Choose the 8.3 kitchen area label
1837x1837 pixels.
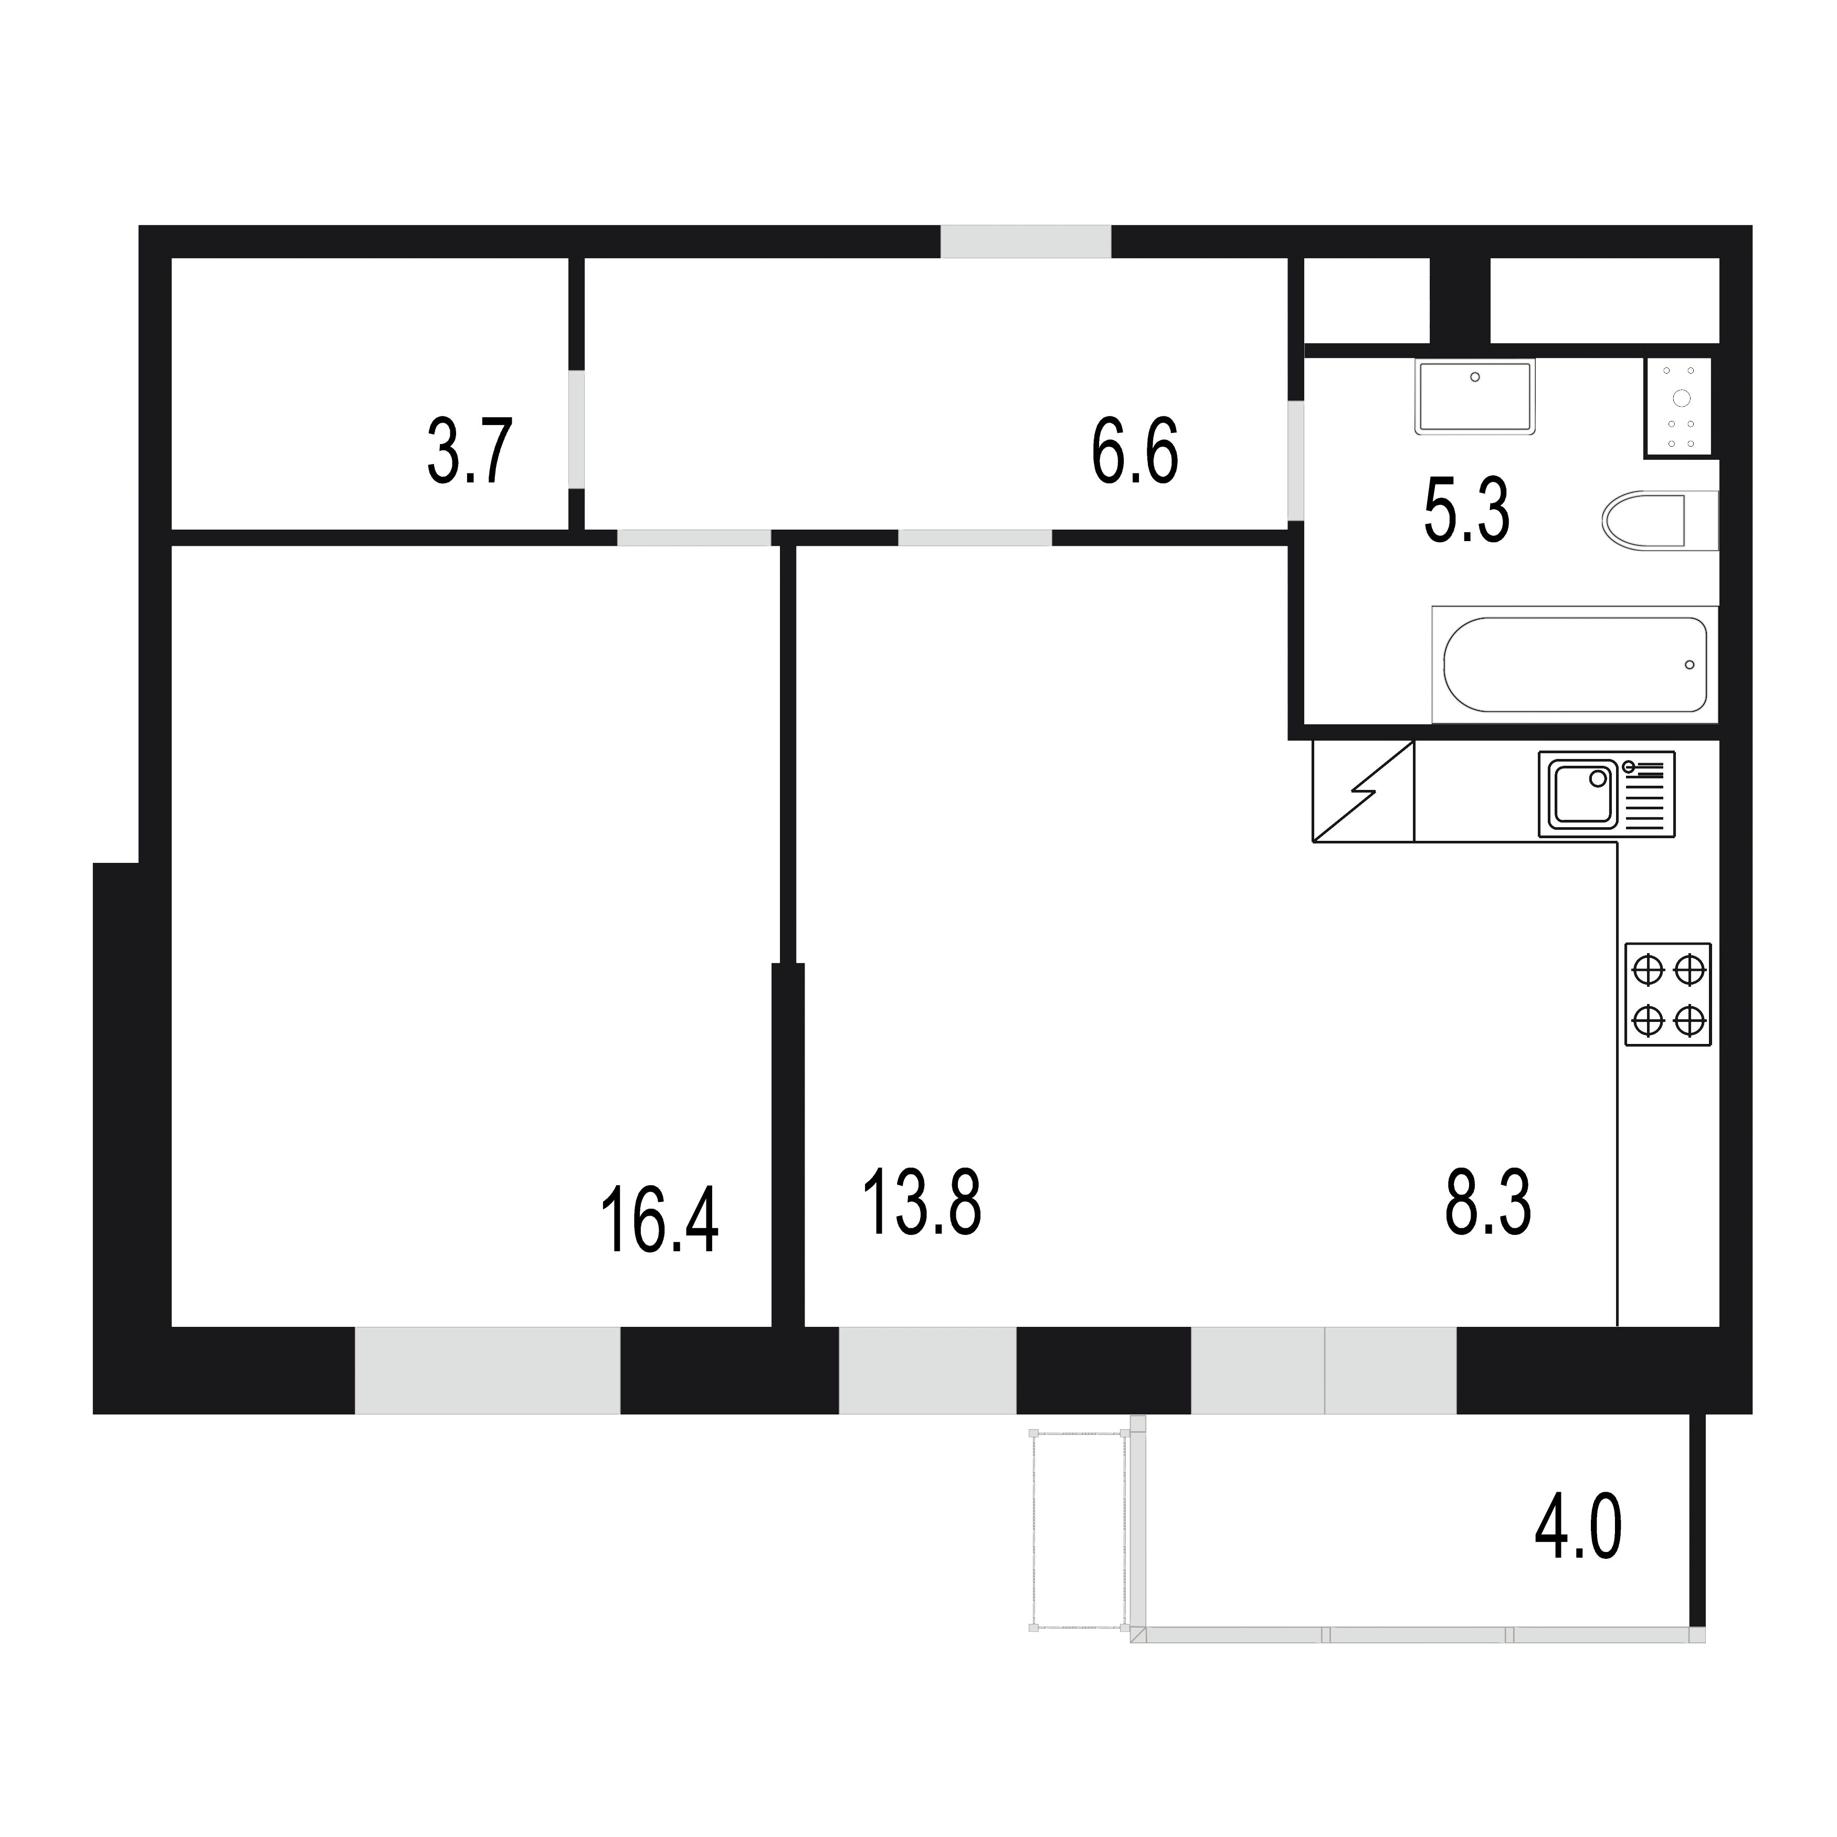click(1488, 1203)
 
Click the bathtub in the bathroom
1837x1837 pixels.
click(1575, 664)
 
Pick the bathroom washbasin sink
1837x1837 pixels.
click(1475, 396)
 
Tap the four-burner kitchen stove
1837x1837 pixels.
click(1668, 995)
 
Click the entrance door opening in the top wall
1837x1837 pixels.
click(1026, 241)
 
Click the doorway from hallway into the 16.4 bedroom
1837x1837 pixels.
click(694, 538)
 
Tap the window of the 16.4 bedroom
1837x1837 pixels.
click(488, 1370)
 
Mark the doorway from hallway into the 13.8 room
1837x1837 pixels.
click(976, 538)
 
